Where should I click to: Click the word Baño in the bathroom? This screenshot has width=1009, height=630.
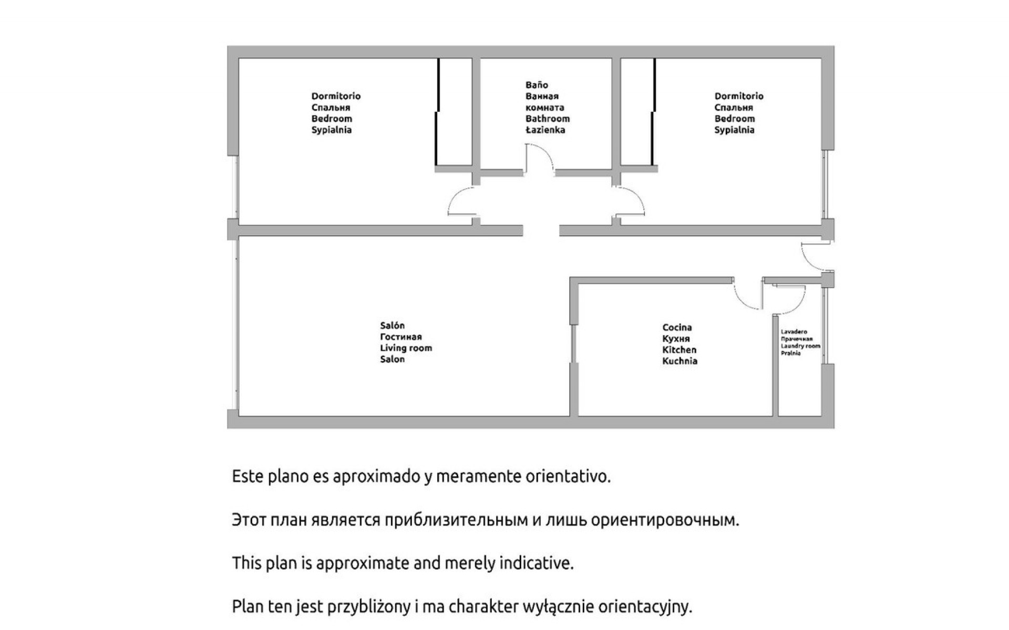click(x=537, y=85)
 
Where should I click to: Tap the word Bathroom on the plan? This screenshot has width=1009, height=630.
click(x=548, y=119)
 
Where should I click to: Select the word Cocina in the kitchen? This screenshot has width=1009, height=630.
click(x=677, y=328)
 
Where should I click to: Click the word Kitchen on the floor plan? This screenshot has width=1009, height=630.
click(x=679, y=350)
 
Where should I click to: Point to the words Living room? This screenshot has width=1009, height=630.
click(x=406, y=348)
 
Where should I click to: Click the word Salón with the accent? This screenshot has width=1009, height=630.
click(x=393, y=325)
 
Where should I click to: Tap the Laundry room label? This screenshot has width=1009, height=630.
click(x=800, y=346)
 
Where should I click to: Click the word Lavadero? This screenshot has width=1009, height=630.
click(x=794, y=332)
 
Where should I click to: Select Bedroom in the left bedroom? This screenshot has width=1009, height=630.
click(x=332, y=119)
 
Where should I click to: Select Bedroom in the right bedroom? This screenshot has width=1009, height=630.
click(x=735, y=119)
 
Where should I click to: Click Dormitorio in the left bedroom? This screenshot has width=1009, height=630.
click(x=336, y=96)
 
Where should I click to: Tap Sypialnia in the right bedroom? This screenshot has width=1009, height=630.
click(x=735, y=130)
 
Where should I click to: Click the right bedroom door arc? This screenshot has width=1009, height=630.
click(x=637, y=195)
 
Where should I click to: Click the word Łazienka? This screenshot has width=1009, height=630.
click(x=545, y=130)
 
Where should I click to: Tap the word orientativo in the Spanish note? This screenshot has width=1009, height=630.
click(x=568, y=477)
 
